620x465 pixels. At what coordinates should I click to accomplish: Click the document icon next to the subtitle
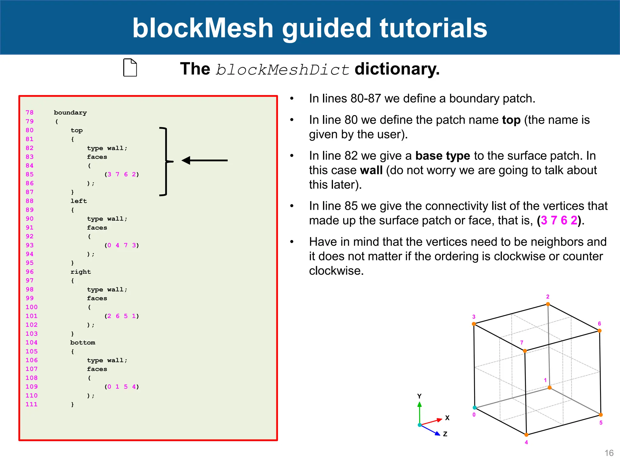pyautogui.click(x=130, y=68)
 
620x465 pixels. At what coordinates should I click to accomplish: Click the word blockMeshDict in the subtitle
pyautogui.click(x=283, y=70)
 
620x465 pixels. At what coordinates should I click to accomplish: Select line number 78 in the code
pyautogui.click(x=29, y=112)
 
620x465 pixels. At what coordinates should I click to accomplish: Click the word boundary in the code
pyautogui.click(x=70, y=113)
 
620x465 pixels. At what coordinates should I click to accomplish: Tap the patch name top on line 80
pyautogui.click(x=77, y=130)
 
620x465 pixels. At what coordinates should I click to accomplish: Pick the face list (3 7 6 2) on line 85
pyautogui.click(x=122, y=174)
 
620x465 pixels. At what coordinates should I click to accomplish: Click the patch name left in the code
pyautogui.click(x=79, y=201)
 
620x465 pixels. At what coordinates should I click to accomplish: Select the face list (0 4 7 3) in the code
pyautogui.click(x=122, y=245)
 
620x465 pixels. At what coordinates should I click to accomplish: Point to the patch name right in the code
pyautogui.click(x=81, y=272)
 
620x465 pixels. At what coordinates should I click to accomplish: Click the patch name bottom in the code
pyautogui.click(x=83, y=342)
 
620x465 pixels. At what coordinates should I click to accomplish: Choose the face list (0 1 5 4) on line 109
pyautogui.click(x=122, y=387)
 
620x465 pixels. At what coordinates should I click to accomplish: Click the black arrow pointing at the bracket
pyautogui.click(x=205, y=160)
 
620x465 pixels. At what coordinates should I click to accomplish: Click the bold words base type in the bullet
pyautogui.click(x=443, y=156)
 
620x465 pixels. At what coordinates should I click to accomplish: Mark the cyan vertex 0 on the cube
pyautogui.click(x=475, y=407)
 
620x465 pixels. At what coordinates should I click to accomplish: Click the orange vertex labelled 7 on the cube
pyautogui.click(x=525, y=351)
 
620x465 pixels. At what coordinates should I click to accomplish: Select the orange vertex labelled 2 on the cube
pyautogui.click(x=548, y=304)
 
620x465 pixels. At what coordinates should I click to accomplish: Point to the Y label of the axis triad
pyautogui.click(x=419, y=396)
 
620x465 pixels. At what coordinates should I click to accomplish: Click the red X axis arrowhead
pyautogui.click(x=440, y=420)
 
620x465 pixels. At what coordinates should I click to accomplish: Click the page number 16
pyautogui.click(x=609, y=453)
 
